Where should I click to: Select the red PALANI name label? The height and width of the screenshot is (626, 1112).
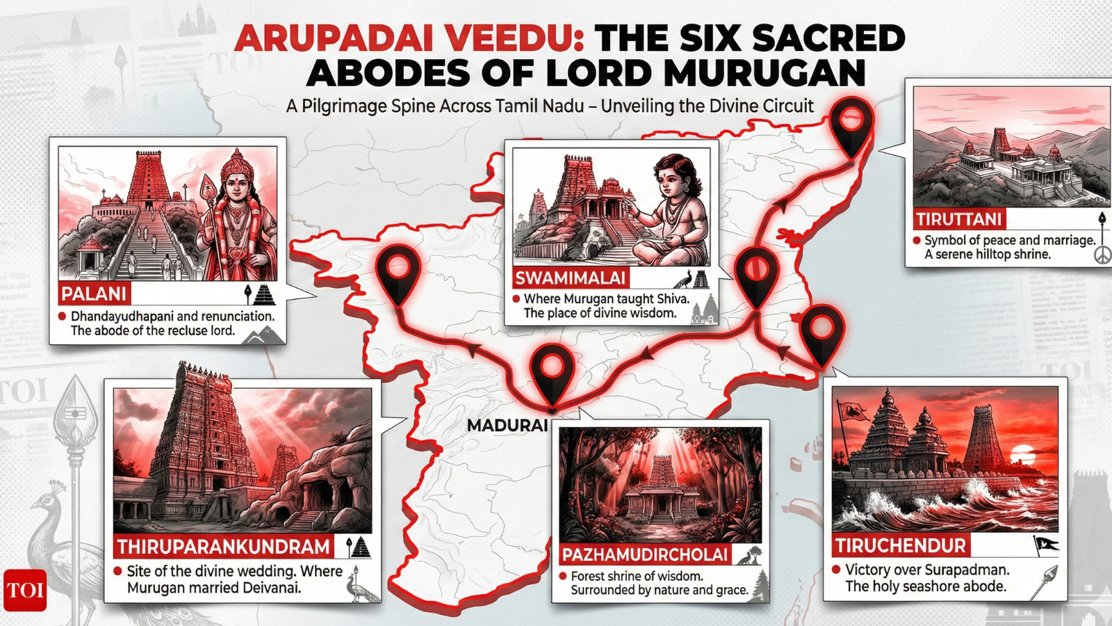coord(94,294)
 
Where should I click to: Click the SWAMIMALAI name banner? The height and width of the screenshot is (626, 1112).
coord(570,278)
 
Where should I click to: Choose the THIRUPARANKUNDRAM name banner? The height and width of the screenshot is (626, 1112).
coord(222,547)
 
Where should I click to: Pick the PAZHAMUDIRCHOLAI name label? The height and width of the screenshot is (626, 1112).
coord(644,554)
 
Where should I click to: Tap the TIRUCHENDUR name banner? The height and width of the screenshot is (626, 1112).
coord(900,545)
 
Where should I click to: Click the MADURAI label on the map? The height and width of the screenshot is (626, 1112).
coord(507,425)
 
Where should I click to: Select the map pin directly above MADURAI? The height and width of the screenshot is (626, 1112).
coord(551,369)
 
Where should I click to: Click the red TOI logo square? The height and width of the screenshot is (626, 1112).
coord(25,591)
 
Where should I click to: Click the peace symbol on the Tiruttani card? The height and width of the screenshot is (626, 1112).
coord(1102,256)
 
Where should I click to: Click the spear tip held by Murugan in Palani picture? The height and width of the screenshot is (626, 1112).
coord(208,186)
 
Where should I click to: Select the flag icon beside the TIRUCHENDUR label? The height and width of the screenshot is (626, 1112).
coord(1045,545)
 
